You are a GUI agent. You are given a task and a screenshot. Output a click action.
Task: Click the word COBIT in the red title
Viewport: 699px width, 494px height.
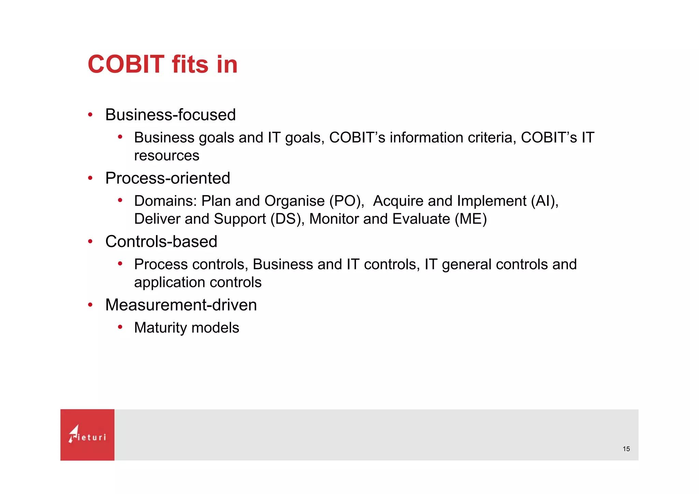[x=126, y=64]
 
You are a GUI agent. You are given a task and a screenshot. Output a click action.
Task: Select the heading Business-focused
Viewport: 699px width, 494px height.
[x=170, y=115]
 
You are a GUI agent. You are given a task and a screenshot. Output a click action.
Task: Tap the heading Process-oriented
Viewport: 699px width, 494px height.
[x=168, y=178]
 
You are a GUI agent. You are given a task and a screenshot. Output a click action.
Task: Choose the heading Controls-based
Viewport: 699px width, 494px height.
[x=161, y=242]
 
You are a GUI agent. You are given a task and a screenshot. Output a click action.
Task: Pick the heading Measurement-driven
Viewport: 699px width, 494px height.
[x=181, y=305]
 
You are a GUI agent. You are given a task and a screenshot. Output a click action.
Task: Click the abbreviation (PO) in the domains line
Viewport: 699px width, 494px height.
[x=346, y=201]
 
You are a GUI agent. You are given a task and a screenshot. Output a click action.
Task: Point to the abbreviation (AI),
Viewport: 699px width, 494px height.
[x=544, y=201]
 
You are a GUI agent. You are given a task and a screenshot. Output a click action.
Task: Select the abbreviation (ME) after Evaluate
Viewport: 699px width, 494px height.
[x=471, y=219]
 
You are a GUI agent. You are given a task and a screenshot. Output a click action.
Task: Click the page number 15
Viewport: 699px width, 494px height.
[x=626, y=449]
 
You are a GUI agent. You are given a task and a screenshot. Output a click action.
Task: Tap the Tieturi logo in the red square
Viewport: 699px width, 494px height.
[x=87, y=435]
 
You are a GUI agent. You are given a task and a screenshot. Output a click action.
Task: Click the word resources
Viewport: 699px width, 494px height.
[x=167, y=156]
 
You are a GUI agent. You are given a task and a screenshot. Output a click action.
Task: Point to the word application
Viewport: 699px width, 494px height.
[x=169, y=282]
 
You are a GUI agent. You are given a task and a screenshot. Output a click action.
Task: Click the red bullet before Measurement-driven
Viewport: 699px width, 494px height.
[x=90, y=305]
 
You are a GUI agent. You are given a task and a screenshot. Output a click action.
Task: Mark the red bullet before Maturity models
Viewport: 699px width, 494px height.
[x=120, y=327]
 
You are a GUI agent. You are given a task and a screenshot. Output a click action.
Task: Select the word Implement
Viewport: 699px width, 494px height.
[x=491, y=201]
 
